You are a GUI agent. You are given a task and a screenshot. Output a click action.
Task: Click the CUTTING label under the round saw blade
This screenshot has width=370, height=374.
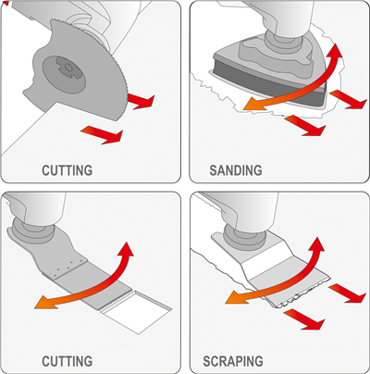pyautogui.click(x=67, y=170)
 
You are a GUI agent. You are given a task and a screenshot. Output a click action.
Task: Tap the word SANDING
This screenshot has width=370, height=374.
pyautogui.click(x=236, y=170)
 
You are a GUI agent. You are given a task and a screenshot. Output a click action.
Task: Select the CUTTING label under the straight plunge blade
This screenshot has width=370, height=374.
pyautogui.click(x=67, y=361)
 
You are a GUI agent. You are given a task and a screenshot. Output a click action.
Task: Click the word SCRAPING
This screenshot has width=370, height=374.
pyautogui.click(x=233, y=361)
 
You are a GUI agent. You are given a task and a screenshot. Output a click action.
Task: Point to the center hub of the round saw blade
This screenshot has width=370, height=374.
pyautogui.click(x=66, y=68)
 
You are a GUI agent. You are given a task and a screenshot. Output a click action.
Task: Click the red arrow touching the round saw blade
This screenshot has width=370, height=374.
pyautogui.click(x=141, y=101)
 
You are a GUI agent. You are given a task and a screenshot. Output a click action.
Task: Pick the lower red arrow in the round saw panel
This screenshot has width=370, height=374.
pyautogui.click(x=103, y=135)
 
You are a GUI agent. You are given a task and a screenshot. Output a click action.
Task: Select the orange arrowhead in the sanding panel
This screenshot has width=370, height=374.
pyautogui.click(x=253, y=104)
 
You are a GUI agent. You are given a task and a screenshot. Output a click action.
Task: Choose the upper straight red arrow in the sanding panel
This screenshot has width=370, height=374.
pyautogui.click(x=348, y=99)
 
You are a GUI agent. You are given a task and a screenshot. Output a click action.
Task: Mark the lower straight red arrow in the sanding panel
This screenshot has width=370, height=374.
pyautogui.click(x=304, y=126)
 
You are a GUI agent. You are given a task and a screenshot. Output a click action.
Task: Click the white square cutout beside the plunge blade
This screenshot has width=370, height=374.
pyautogui.click(x=136, y=312)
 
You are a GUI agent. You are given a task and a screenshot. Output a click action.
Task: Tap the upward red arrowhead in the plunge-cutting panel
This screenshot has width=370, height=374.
pyautogui.click(x=126, y=251)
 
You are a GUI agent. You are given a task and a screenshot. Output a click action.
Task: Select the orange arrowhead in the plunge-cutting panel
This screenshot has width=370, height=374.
pyautogui.click(x=43, y=302)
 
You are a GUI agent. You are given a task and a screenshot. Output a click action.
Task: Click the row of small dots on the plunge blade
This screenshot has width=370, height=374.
pyautogui.click(x=68, y=267)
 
